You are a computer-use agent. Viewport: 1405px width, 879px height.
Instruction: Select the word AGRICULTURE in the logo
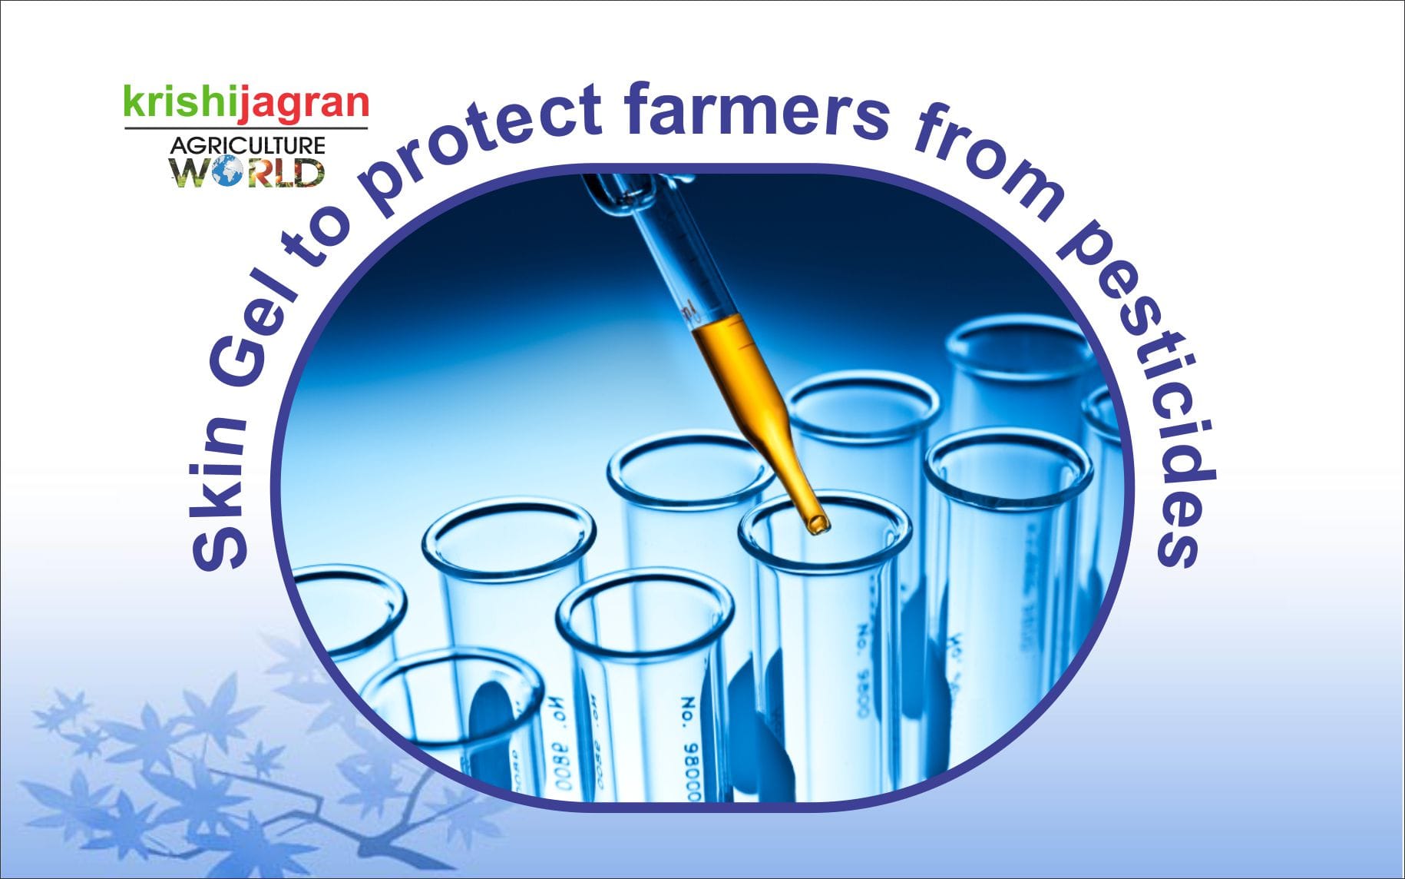pos(247,145)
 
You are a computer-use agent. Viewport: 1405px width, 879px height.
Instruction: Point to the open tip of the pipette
pos(818,526)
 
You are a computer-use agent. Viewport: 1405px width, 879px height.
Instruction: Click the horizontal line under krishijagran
pos(246,128)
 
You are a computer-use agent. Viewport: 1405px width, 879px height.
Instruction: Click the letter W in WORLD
pos(189,172)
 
